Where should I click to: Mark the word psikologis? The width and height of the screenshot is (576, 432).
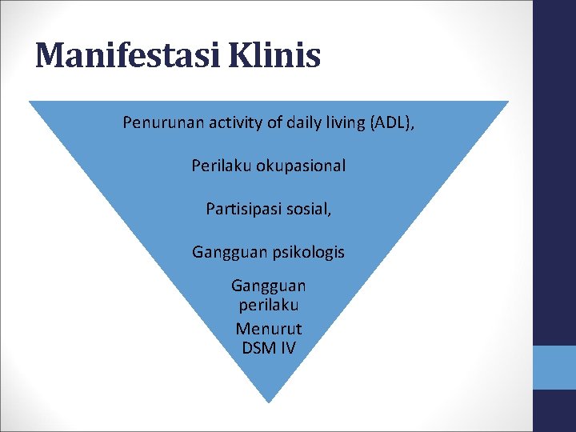[307, 252]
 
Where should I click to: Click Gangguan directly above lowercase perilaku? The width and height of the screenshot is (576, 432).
[269, 286]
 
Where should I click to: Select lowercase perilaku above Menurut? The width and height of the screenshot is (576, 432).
[269, 306]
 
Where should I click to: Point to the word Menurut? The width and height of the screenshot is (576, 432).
[269, 328]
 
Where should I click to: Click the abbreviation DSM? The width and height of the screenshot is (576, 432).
[258, 348]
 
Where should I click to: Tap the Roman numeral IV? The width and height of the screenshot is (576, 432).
[287, 348]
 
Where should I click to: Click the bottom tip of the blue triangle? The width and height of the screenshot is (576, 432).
[269, 399]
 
